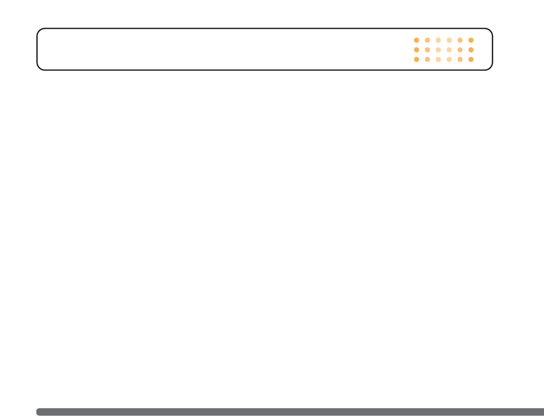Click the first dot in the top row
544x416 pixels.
tap(416, 40)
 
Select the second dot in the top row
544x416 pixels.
tap(427, 40)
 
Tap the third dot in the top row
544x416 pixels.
tap(438, 40)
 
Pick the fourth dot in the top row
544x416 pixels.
tap(449, 40)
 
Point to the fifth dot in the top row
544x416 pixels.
tap(460, 40)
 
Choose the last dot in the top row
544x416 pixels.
tap(471, 40)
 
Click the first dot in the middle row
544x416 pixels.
tap(416, 50)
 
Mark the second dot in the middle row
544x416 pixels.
tap(427, 50)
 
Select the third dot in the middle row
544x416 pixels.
tap(438, 50)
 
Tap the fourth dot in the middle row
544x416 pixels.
tap(449, 50)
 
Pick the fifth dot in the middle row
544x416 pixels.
tap(460, 50)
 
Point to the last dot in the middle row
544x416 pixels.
tap(471, 50)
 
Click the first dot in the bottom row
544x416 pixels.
tap(416, 59)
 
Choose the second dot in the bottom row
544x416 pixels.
tap(427, 59)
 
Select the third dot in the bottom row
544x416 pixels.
tap(438, 59)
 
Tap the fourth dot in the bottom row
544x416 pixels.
tap(449, 59)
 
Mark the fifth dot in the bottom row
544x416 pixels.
tap(460, 59)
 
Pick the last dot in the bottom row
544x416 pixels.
tap(471, 59)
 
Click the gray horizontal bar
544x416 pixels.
tap(290, 412)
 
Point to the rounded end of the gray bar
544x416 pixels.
tap(38, 412)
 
